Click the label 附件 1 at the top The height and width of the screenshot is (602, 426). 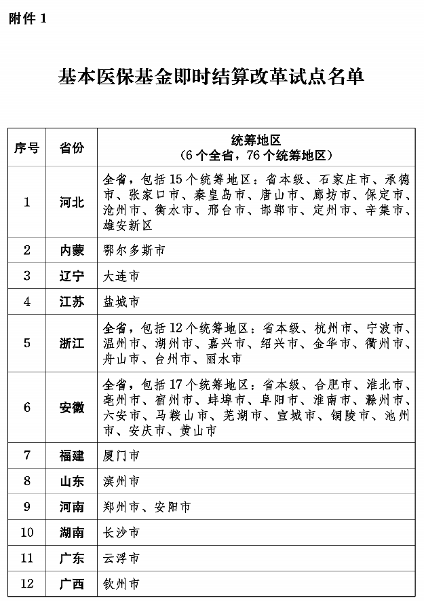(x=28, y=19)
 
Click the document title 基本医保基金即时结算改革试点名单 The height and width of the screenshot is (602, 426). (x=212, y=76)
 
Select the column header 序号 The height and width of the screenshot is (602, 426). (x=27, y=147)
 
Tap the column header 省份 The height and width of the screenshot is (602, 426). (x=72, y=147)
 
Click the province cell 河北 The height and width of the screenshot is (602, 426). (x=72, y=202)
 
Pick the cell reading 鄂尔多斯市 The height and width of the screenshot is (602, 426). (x=134, y=250)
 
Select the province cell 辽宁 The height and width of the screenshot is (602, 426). (x=72, y=276)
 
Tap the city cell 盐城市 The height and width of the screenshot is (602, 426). (x=121, y=301)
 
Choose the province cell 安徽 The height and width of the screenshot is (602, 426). (x=72, y=408)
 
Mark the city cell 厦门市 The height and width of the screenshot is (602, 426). (x=121, y=456)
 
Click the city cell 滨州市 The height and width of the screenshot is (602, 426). (x=121, y=482)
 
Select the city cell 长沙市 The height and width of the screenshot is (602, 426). (x=121, y=532)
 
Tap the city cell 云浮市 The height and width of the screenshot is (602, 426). (x=121, y=558)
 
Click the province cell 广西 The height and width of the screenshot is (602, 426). (x=72, y=583)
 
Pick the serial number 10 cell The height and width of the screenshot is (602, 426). (x=27, y=532)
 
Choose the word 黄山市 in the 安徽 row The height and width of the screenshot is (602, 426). (x=197, y=431)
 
